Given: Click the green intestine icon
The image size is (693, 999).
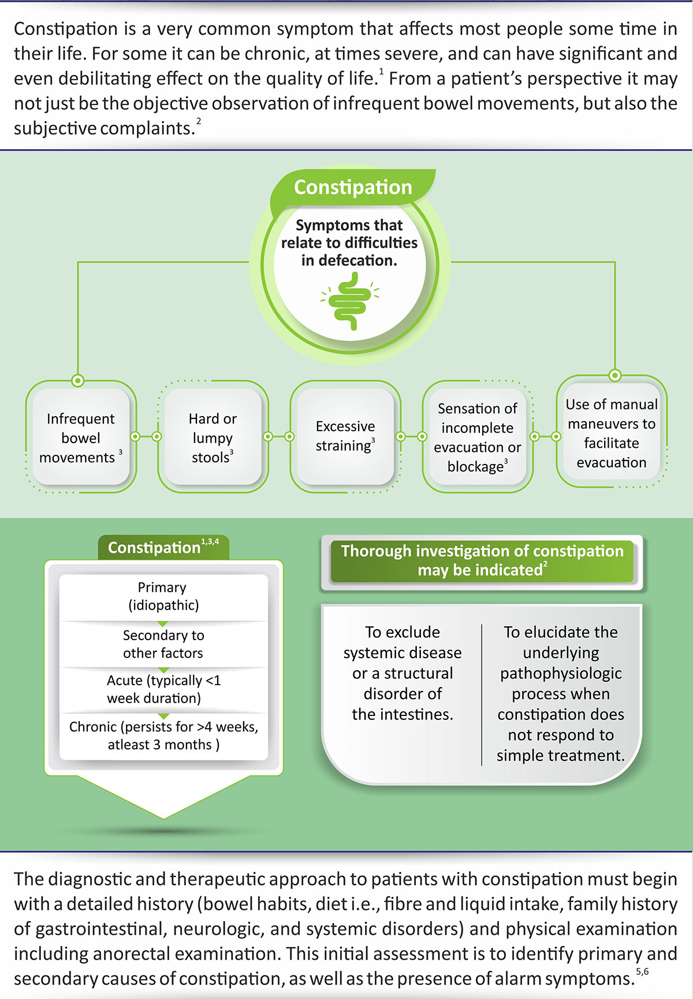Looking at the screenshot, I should pyautogui.click(x=349, y=300).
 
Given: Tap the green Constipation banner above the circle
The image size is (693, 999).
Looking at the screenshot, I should pyautogui.click(x=353, y=187).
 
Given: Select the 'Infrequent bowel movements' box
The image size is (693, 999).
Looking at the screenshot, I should pyautogui.click(x=81, y=437).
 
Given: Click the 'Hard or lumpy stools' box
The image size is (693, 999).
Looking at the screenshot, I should pyautogui.click(x=213, y=437).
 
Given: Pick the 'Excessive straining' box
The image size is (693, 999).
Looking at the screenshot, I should pyautogui.click(x=345, y=436).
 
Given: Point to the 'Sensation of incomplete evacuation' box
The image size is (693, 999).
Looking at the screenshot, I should pyautogui.click(x=478, y=437).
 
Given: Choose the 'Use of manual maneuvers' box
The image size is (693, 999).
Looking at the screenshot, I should pyautogui.click(x=612, y=433).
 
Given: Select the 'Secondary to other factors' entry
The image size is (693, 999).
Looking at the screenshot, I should pyautogui.click(x=163, y=644).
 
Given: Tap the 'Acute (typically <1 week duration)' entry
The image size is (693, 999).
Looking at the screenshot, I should pyautogui.click(x=163, y=689).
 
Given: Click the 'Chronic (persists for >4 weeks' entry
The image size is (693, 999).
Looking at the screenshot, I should pyautogui.click(x=163, y=736).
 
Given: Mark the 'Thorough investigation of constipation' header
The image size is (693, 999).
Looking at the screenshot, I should pyautogui.click(x=482, y=560).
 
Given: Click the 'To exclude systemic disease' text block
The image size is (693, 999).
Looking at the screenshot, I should pyautogui.click(x=403, y=673).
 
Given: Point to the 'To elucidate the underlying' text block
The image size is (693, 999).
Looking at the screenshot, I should pyautogui.click(x=561, y=693).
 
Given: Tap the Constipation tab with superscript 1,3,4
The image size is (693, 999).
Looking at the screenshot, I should pyautogui.click(x=163, y=547).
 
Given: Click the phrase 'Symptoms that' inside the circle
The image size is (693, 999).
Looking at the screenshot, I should pyautogui.click(x=349, y=225).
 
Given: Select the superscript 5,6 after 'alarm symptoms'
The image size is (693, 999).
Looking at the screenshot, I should pyautogui.click(x=642, y=972).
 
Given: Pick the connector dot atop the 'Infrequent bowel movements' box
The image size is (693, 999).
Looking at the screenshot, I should pyautogui.click(x=77, y=381).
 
